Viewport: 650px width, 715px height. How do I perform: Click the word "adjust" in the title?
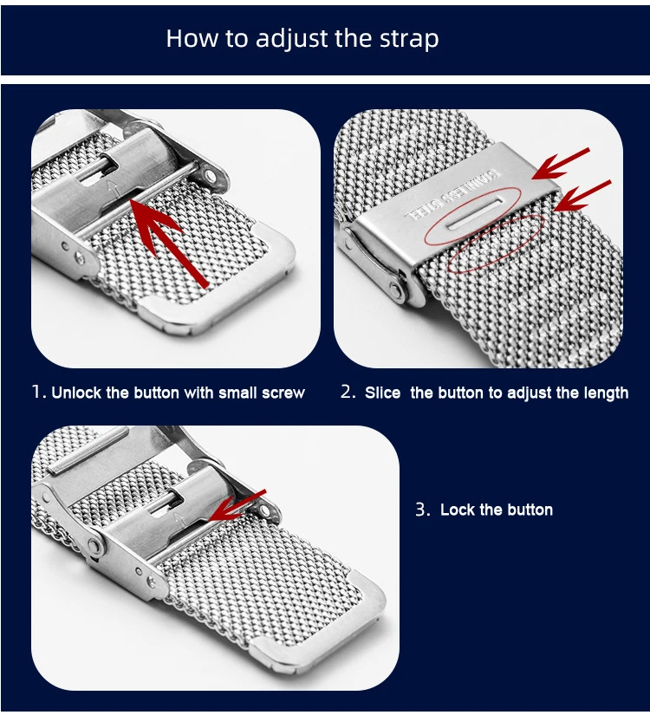(x=291, y=39)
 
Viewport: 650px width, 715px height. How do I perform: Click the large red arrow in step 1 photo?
(x=169, y=243)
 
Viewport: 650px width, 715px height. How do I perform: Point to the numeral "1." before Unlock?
(x=39, y=392)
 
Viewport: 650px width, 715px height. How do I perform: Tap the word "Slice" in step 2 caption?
(x=382, y=393)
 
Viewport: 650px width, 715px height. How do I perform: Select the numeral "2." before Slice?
(x=348, y=392)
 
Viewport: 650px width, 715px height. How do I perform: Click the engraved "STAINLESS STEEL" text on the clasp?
(x=452, y=195)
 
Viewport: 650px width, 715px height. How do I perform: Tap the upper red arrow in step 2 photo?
(x=561, y=163)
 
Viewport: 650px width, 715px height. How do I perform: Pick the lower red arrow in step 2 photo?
(x=582, y=196)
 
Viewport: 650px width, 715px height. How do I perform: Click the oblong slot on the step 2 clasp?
(x=475, y=212)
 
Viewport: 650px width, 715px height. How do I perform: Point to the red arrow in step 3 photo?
(x=237, y=505)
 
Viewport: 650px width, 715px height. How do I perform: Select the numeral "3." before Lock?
(x=423, y=509)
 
